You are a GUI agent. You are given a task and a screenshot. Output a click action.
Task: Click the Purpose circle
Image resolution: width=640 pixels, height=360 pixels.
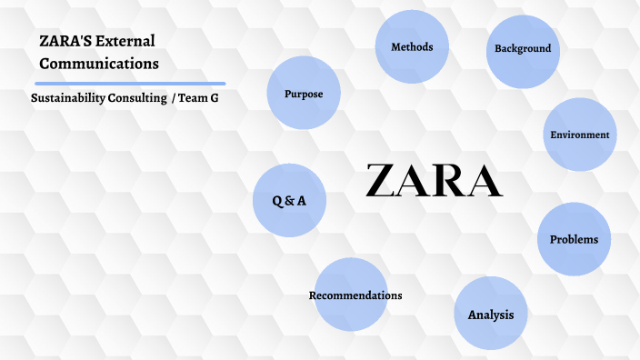pyautogui.click(x=303, y=94)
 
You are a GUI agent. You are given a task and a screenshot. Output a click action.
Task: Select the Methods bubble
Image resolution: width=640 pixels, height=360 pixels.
pyautogui.click(x=412, y=46)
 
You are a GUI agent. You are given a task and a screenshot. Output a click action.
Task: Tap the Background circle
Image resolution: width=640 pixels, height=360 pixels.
pyautogui.click(x=523, y=49)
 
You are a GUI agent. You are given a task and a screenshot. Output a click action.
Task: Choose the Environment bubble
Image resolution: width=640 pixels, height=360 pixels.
pyautogui.click(x=579, y=135)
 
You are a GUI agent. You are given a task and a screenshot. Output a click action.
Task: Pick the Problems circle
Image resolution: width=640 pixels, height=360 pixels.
pyautogui.click(x=574, y=239)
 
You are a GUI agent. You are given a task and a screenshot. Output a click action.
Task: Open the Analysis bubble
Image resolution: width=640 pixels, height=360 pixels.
pyautogui.click(x=491, y=315)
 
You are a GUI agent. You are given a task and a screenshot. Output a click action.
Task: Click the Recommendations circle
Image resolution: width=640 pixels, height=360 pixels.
pyautogui.click(x=354, y=295)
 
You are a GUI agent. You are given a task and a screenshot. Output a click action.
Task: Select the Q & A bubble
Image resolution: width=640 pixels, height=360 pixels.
pyautogui.click(x=289, y=201)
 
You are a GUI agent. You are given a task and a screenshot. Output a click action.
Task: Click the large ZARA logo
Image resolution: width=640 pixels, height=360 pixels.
pyautogui.click(x=434, y=181)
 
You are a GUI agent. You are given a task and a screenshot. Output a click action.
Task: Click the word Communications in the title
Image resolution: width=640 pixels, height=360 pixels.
pyautogui.click(x=99, y=64)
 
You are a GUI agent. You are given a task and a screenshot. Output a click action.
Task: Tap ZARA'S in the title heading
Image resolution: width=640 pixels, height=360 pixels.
pyautogui.click(x=62, y=41)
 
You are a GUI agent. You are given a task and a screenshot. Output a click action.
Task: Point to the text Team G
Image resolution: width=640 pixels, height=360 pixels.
pyautogui.click(x=200, y=97)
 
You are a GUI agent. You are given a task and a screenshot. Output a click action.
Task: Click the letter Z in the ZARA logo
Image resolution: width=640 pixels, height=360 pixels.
pyautogui.click(x=382, y=181)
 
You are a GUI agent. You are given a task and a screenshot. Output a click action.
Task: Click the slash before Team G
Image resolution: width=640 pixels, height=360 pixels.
pyautogui.click(x=174, y=97)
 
